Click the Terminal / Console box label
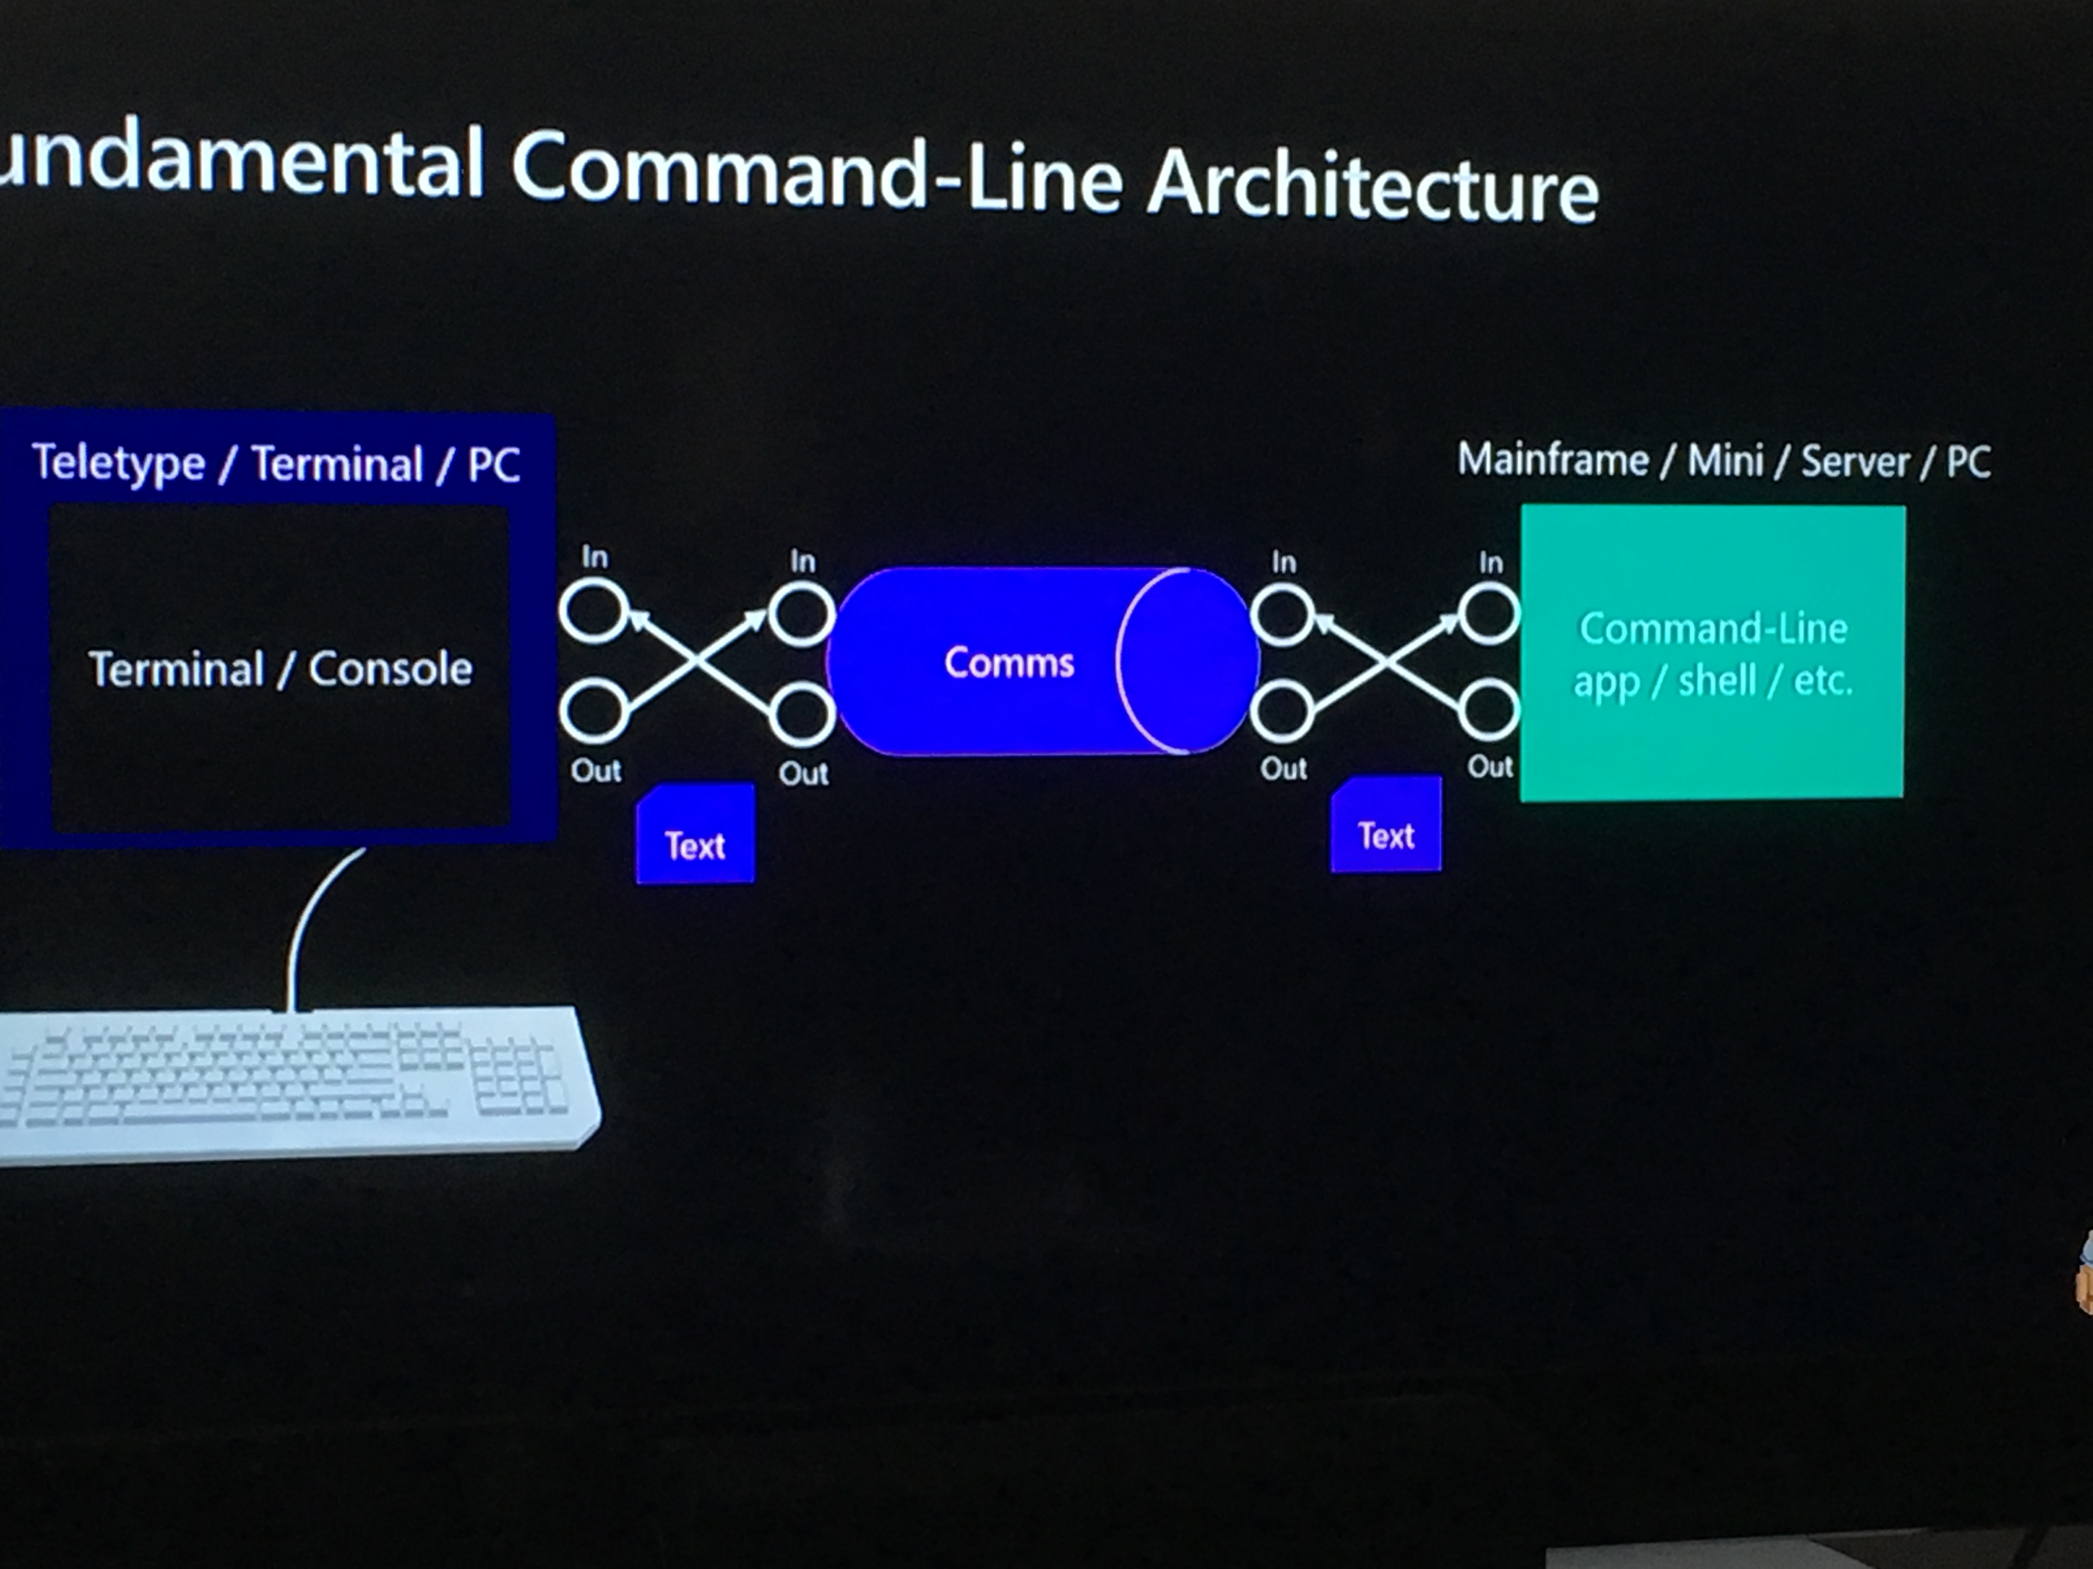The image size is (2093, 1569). point(280,669)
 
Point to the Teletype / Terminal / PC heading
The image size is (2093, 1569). point(276,463)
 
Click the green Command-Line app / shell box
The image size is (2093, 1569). point(1713,653)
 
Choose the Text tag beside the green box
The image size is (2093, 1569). point(1386,824)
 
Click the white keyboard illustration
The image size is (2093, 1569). point(293,1083)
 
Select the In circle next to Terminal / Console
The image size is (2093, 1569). point(594,611)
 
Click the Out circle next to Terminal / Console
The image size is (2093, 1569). point(594,710)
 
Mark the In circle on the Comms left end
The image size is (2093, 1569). point(801,615)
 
